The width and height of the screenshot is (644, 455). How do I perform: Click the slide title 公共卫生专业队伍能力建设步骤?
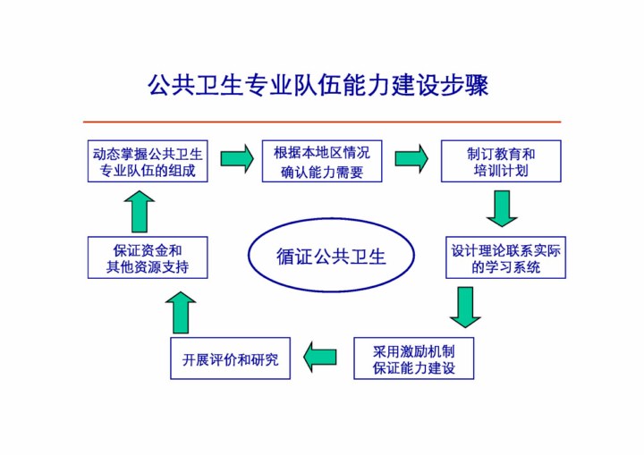(318, 86)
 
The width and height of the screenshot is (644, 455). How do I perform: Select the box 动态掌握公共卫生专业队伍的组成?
(148, 161)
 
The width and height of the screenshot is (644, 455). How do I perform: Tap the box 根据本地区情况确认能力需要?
(321, 161)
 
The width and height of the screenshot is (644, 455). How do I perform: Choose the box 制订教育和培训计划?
(501, 161)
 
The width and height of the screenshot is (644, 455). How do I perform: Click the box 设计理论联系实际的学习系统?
(505, 257)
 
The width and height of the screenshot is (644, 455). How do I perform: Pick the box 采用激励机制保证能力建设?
(413, 358)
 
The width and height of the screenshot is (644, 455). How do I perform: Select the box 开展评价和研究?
(230, 358)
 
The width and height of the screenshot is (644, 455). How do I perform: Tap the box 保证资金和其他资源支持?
(148, 257)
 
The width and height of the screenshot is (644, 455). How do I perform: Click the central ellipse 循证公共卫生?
(331, 257)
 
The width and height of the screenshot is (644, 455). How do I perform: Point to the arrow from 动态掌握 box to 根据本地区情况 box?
(236, 158)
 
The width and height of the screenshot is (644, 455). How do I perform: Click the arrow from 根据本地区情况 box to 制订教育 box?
(411, 158)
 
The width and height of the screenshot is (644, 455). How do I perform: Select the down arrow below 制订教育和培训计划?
(502, 208)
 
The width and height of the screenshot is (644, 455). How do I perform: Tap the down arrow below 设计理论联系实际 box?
(464, 307)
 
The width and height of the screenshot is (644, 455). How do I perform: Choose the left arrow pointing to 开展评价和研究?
(319, 357)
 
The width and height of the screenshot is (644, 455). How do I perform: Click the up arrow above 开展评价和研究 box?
(180, 313)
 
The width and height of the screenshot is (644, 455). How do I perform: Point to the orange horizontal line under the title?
(322, 122)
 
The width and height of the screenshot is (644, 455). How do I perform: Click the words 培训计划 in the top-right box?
(501, 170)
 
